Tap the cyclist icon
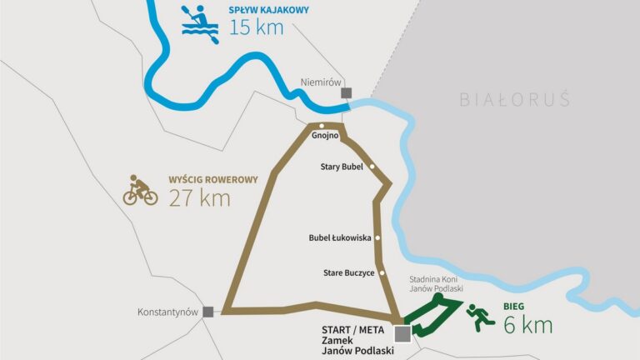pos(140,191)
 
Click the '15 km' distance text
pos(256,27)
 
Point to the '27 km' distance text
pos(199,198)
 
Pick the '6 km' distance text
pos(527,325)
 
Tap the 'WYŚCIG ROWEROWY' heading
pos(213,179)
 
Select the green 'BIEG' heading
pos(514,306)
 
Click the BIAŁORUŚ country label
pos(515,100)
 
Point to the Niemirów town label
pos(317,82)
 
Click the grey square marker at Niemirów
pos(346,93)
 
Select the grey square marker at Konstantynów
pos(207,312)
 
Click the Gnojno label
pos(322,137)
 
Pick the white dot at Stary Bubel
pos(372,167)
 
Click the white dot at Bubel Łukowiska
pos(377,237)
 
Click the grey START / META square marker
pos(402,334)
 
